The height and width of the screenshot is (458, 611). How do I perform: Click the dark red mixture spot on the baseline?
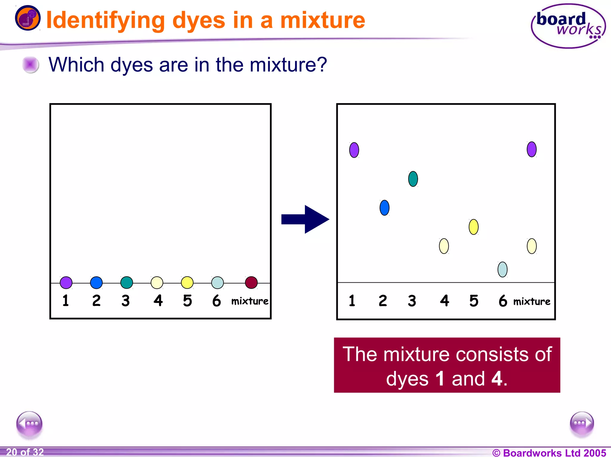coord(251,282)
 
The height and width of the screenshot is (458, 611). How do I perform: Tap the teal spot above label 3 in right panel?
coord(413,179)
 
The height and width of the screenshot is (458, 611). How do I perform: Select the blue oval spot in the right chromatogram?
coord(384,208)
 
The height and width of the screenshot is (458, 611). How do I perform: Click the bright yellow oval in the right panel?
coord(473,227)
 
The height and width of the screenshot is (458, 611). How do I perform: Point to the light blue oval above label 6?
coord(502,270)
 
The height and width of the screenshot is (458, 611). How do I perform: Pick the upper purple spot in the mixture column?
coord(531,149)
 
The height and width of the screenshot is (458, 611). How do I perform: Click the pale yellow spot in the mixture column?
coord(531,246)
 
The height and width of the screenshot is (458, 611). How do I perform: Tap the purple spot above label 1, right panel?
coord(354,150)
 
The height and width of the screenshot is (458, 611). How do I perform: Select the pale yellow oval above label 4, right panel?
coord(444,246)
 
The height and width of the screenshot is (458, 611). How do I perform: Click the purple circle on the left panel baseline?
coord(66,282)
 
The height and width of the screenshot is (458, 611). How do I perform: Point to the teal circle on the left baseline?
coord(126,282)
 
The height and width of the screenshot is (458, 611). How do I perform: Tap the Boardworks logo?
coord(568,26)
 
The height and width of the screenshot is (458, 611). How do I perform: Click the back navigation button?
coord(29,423)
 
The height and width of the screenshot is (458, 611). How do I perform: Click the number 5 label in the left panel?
coord(187,301)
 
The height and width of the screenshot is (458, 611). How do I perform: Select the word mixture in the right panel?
coord(532,301)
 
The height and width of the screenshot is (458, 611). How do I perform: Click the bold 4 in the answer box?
coord(497,379)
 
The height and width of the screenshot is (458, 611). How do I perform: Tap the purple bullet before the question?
coord(30,64)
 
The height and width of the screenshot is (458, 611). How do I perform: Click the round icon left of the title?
coord(27,18)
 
